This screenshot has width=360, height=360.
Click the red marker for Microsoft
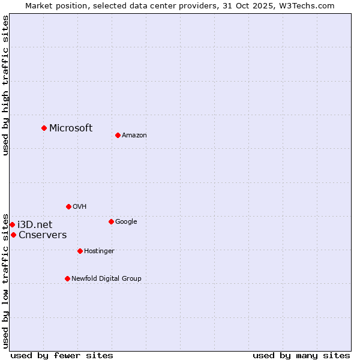point(44,128)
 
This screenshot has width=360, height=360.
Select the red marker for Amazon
point(118,135)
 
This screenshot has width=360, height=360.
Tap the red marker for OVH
point(68,206)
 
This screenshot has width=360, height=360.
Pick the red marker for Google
point(111,221)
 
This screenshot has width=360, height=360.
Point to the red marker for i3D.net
point(12,224)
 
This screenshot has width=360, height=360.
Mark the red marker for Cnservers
point(13,235)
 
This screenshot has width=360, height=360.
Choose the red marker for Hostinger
point(80,251)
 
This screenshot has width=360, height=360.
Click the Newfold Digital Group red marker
point(67,278)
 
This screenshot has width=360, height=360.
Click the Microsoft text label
point(71,128)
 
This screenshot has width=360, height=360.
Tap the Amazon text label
point(134,136)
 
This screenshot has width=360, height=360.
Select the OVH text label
point(80,207)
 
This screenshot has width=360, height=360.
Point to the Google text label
point(126,222)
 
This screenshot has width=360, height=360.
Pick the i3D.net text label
point(35,224)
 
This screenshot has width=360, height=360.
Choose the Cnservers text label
point(43,235)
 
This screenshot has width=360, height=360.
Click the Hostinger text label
point(99,251)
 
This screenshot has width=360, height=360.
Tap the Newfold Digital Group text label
point(106,279)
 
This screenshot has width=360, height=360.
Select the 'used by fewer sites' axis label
point(62,355)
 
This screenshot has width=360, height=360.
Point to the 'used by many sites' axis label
point(301,355)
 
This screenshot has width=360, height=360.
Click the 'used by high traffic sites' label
point(5,85)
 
